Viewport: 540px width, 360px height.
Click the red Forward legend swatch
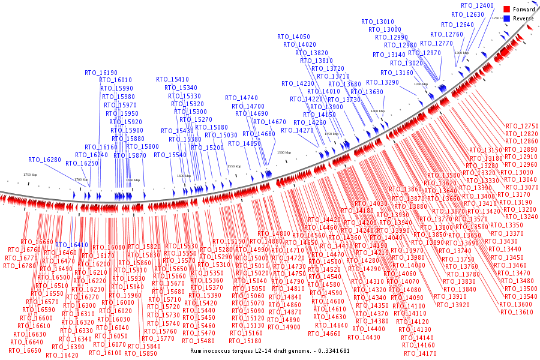[x=506, y=9]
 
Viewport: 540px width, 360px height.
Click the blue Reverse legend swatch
[x=506, y=18]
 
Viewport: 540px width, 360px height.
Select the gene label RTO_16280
[x=44, y=160]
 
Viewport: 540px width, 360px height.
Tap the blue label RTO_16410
[x=71, y=245]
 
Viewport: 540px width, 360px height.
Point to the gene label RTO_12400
[x=477, y=5]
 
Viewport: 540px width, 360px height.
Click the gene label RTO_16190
[x=101, y=73]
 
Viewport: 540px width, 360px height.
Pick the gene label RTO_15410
[x=172, y=79]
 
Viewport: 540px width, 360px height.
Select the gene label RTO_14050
[x=293, y=37]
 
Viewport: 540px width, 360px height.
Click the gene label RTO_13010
[x=377, y=22]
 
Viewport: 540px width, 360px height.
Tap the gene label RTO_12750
[x=522, y=126]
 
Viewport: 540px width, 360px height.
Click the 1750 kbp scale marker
[x=30, y=175]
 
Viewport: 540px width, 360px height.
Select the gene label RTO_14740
[x=241, y=98]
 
